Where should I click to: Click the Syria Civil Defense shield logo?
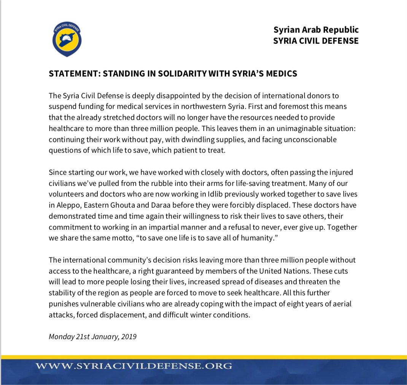pyautogui.click(x=67, y=38)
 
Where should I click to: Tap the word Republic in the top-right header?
pyautogui.click(x=341, y=30)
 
